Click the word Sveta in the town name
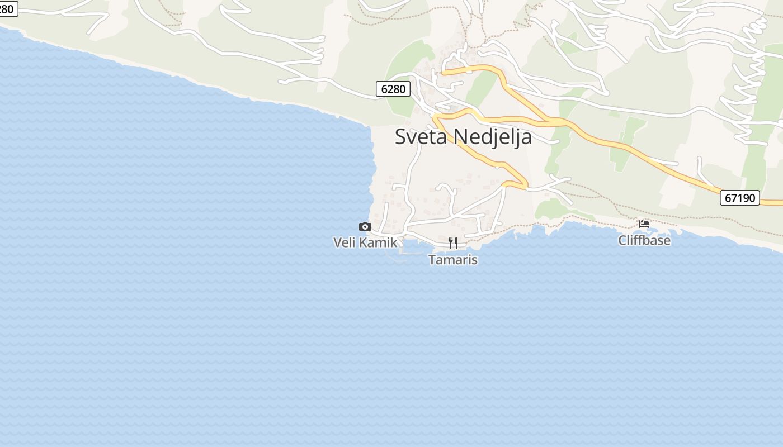[x=421, y=136]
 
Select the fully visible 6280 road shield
[x=393, y=88]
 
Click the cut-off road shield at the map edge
[x=8, y=8]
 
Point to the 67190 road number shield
[x=739, y=198]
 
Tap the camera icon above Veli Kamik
[x=365, y=226]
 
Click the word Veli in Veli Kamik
[x=345, y=242]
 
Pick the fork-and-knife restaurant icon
[x=453, y=243]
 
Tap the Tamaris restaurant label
[x=453, y=260]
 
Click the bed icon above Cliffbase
[x=644, y=224]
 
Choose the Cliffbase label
[x=644, y=240]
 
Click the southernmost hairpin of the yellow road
[x=525, y=185]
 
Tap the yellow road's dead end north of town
[x=443, y=72]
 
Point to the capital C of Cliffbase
[x=622, y=240]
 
